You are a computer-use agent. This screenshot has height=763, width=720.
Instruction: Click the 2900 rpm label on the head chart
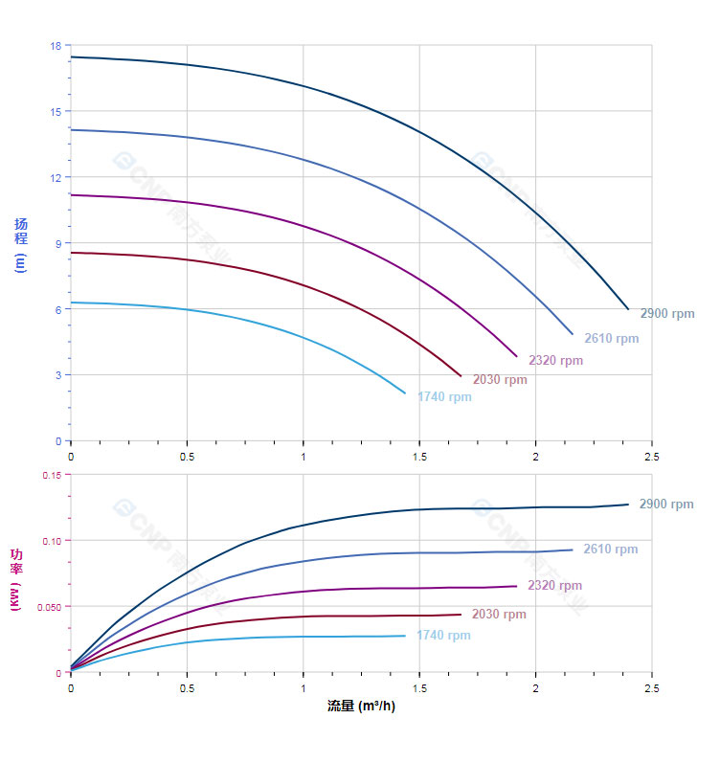point(666,314)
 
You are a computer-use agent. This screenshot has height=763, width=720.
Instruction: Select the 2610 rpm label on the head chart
point(611,339)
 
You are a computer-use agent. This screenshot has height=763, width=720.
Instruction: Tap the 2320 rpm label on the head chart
point(555,361)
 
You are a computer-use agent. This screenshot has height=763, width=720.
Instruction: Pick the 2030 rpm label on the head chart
point(500,380)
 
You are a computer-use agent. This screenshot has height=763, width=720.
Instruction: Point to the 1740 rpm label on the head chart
point(444,397)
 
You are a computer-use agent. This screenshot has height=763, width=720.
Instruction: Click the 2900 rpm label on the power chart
point(666,505)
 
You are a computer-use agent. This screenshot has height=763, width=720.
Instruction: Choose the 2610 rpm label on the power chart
point(611,550)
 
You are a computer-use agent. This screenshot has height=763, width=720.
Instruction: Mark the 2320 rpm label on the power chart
point(555,586)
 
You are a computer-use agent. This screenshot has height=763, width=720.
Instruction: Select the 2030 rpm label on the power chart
point(500,615)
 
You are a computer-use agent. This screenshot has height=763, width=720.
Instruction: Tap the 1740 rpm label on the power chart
point(443,636)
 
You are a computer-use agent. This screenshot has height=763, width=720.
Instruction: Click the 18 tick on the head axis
point(56,46)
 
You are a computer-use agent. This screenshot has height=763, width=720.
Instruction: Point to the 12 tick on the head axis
point(56,177)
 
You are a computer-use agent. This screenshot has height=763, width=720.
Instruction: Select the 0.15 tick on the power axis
point(51,475)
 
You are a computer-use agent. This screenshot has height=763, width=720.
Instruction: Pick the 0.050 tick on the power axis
point(48,607)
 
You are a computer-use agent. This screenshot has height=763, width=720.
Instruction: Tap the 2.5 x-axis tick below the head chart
point(652,457)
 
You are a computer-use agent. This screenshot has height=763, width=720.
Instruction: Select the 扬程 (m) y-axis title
point(21,243)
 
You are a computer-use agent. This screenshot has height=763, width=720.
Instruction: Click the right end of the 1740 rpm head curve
point(405,393)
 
